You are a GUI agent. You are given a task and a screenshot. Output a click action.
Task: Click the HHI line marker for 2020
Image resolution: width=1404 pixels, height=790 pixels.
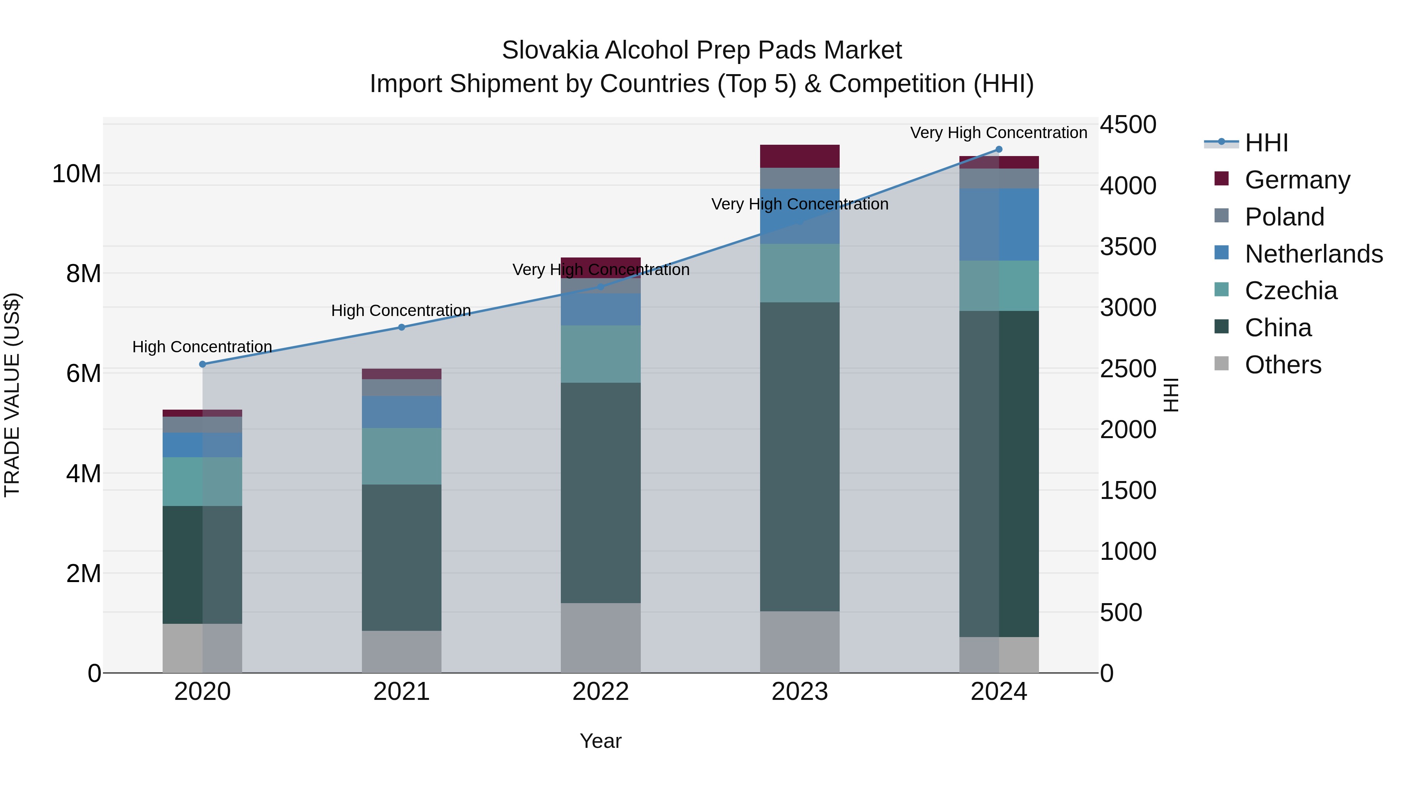tap(202, 364)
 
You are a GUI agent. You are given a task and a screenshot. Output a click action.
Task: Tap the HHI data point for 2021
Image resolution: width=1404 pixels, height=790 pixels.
tap(402, 327)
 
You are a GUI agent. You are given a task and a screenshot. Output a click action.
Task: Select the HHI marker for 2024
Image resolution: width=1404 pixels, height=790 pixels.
tap(998, 149)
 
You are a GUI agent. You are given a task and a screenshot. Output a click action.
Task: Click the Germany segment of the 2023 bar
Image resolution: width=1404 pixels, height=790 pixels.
tap(799, 156)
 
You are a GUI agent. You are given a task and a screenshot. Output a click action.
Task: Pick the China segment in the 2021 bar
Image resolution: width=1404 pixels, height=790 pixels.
tap(402, 557)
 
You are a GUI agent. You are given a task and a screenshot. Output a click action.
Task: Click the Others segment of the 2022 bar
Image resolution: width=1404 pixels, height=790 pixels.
tap(601, 637)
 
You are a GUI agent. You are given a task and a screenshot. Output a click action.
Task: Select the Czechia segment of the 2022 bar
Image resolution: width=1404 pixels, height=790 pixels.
tap(601, 354)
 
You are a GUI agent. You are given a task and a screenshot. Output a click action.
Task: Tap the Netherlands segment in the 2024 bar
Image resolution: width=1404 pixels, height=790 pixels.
tap(998, 225)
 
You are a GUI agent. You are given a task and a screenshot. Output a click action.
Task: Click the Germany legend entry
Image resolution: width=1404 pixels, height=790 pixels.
tap(1297, 180)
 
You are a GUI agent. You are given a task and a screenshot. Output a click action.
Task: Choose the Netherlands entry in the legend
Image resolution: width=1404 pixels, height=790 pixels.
tap(1314, 254)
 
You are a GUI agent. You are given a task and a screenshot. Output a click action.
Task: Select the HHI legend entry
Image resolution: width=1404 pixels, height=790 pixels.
tap(1266, 143)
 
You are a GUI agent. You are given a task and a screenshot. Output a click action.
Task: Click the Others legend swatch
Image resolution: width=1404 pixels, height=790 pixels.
tap(1221, 364)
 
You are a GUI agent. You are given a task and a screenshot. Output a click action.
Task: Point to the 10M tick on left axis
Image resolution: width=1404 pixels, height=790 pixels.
tap(76, 174)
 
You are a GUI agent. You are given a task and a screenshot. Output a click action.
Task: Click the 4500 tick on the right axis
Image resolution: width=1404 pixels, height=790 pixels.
tap(1127, 125)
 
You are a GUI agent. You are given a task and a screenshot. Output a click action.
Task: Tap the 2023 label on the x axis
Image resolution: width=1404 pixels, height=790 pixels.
tap(799, 692)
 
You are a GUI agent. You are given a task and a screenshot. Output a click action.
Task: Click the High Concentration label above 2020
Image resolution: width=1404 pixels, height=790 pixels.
tap(202, 347)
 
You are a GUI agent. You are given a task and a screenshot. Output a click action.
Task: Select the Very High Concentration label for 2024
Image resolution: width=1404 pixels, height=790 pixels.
tap(998, 133)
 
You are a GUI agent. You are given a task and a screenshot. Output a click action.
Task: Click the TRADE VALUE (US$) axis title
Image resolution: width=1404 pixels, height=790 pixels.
tap(12, 395)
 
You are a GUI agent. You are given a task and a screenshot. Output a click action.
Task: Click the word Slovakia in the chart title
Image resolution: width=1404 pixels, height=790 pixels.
tap(550, 50)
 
